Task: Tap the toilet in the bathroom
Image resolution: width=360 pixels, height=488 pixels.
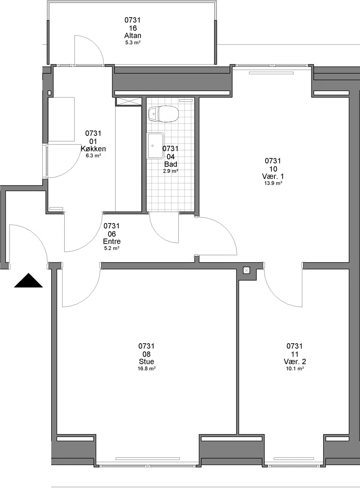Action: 163,114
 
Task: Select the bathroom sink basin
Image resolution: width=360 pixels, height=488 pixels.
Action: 156,145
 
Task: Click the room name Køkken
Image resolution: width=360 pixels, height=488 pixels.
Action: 93,149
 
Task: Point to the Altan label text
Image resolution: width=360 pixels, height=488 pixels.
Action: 133,36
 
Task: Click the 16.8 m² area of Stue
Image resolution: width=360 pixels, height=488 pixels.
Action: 147,368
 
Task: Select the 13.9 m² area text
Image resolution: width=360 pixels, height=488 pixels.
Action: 273,184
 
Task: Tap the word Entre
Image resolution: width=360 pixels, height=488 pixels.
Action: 112,242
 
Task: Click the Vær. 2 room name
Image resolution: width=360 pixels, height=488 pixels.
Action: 295,362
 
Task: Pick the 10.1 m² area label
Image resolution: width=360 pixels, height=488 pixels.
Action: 295,368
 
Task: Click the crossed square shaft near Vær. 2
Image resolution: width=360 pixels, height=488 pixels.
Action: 246,270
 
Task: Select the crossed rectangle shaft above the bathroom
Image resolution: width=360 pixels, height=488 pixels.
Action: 128,101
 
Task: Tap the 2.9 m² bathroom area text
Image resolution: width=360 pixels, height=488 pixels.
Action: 171,171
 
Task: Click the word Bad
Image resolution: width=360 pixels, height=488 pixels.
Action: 171,164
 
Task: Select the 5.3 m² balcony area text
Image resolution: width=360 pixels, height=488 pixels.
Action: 133,43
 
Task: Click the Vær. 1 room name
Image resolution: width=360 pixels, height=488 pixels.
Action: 273,176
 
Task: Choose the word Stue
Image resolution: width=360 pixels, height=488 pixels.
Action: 147,362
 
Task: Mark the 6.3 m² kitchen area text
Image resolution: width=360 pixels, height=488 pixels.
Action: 93,156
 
